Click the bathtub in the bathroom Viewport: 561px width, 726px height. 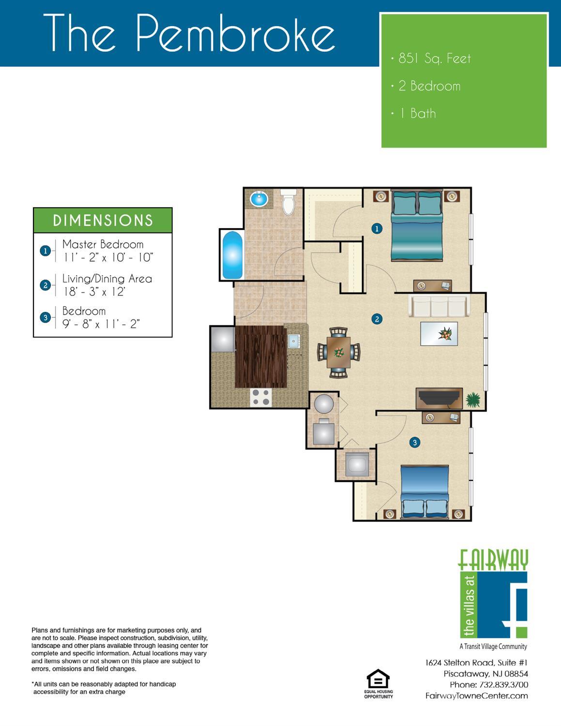pos(232,255)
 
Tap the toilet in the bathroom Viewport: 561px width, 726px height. pos(288,202)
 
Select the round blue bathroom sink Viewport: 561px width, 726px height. pos(259,199)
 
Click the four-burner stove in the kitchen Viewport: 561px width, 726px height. pos(261,398)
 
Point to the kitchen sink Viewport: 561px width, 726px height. pos(294,341)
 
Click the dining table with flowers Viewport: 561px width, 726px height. pos(339,353)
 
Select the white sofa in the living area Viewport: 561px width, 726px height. pos(439,306)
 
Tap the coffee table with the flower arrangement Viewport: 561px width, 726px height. pos(439,334)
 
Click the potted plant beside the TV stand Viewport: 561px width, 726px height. pos(473,399)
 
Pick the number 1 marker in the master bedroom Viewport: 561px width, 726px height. pos(377,229)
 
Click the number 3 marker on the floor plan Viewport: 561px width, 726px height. pos(415,443)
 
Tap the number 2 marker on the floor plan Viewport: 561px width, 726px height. pos(377,319)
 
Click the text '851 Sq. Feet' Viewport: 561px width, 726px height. pos(435,59)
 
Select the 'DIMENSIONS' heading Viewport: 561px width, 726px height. pos(103,220)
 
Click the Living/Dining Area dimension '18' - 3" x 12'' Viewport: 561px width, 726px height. pos(94,292)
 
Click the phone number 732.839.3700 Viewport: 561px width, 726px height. pos(504,684)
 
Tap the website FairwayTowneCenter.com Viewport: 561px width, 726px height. pos(477,696)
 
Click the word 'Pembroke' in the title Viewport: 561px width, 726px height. pos(235,33)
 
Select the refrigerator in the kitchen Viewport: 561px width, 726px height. pos(223,339)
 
